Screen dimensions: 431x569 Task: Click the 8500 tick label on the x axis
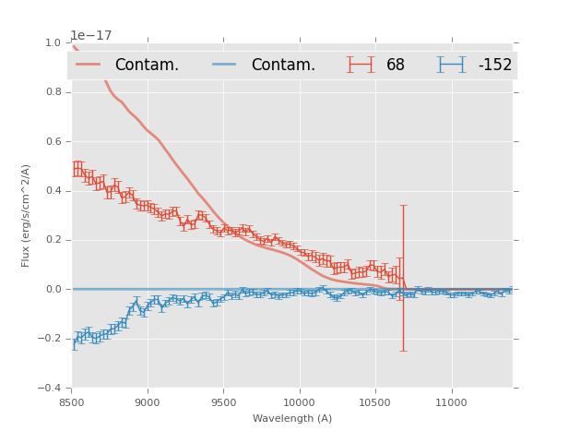click(72, 402)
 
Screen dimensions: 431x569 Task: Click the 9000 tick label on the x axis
click(148, 402)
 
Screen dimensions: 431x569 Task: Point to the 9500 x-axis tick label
click(223, 402)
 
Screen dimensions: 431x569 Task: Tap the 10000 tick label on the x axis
click(299, 402)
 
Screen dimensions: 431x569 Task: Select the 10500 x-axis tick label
click(375, 402)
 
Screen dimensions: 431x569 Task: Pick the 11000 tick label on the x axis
click(451, 402)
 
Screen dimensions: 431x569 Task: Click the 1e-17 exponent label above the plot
click(91, 35)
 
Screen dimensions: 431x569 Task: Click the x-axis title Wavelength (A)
click(292, 419)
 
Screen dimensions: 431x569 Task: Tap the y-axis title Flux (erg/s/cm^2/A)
click(27, 215)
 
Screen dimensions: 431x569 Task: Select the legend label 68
click(396, 66)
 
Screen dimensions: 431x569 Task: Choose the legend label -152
click(494, 66)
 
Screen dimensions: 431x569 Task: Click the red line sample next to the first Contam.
click(89, 65)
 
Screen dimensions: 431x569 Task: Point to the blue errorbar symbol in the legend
click(451, 65)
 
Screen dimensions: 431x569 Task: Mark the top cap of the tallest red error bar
click(403, 206)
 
